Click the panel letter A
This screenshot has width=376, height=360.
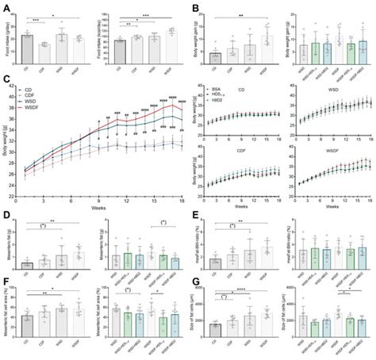pos(6,6)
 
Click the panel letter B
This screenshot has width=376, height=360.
pos(194,6)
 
